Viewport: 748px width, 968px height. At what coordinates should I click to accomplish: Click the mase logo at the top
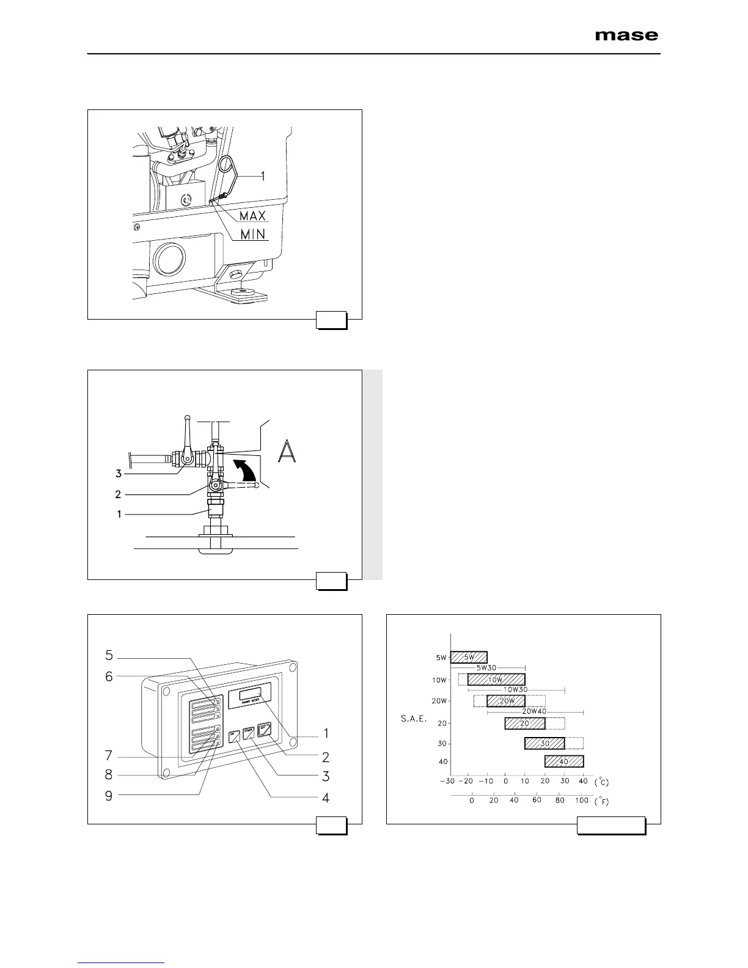(x=626, y=35)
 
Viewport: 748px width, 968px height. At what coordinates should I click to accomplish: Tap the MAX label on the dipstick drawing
(x=252, y=216)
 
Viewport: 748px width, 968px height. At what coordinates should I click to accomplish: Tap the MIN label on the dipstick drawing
(x=252, y=235)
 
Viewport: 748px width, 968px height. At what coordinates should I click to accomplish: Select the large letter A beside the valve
(x=287, y=451)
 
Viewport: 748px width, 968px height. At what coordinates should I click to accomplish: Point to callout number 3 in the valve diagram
(x=118, y=473)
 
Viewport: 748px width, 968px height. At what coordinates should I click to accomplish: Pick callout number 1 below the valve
(x=118, y=515)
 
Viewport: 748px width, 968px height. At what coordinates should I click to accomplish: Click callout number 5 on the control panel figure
(x=109, y=656)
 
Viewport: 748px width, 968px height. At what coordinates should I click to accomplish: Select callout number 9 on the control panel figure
(x=109, y=796)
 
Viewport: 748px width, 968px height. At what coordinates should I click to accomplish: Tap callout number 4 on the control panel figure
(x=326, y=798)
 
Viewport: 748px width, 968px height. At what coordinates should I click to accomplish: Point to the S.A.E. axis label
(x=414, y=719)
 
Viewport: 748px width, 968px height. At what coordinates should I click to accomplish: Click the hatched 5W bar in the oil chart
(x=469, y=658)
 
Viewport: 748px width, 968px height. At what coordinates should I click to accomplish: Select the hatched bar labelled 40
(x=564, y=761)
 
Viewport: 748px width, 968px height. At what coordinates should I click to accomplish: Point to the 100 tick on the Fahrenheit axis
(x=581, y=801)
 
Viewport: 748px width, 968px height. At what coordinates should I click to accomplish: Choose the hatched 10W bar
(x=496, y=680)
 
